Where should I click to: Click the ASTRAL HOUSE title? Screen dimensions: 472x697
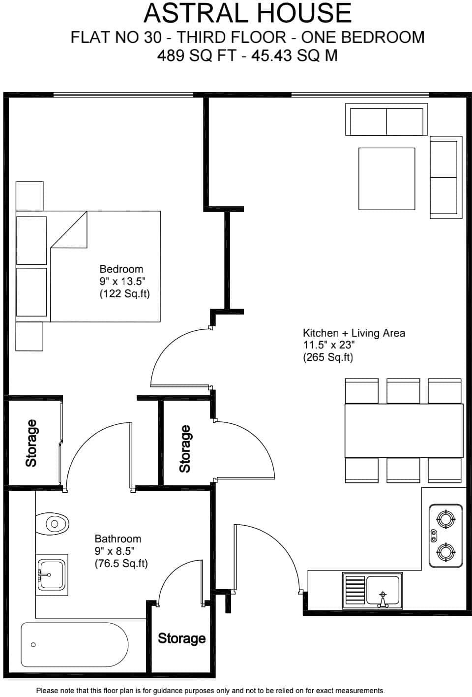tap(247, 13)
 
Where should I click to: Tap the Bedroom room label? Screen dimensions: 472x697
tap(121, 269)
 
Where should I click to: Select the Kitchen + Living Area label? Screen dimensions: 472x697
tap(354, 333)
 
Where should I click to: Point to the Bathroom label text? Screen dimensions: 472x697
tap(118, 539)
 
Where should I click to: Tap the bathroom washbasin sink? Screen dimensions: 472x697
tap(52, 574)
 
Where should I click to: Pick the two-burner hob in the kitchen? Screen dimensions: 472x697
tap(446, 535)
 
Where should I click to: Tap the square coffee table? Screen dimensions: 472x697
tap(386, 179)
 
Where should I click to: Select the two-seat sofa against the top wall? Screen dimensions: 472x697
tap(386, 120)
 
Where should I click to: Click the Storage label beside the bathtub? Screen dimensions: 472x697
tap(181, 638)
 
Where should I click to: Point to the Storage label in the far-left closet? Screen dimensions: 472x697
tap(31, 443)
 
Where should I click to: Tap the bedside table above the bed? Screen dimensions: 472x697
tap(29, 195)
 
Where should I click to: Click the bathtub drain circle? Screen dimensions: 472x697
tap(33, 645)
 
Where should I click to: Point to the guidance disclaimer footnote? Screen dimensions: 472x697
tap(210, 691)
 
